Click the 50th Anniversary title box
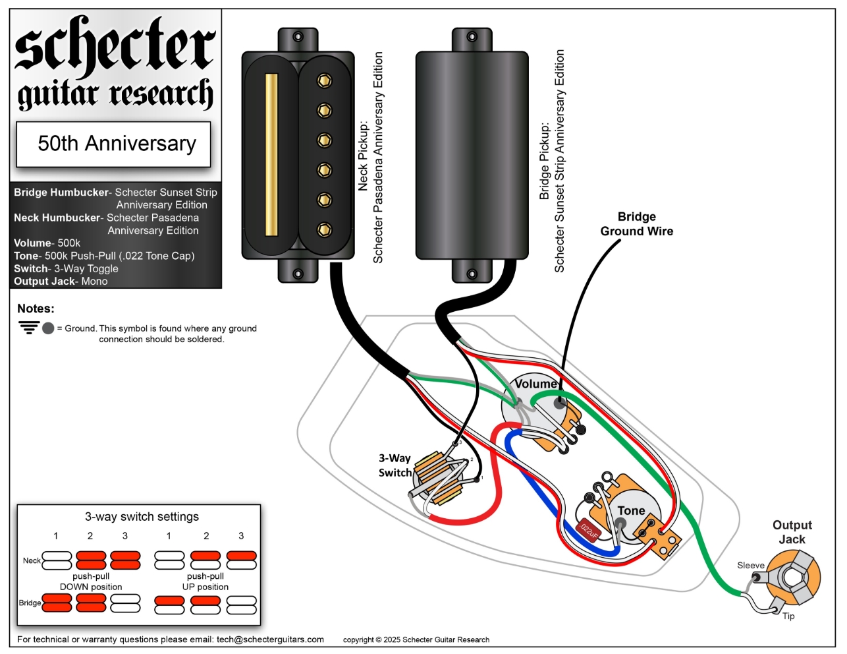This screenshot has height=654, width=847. (x=113, y=144)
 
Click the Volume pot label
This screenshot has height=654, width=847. (x=536, y=384)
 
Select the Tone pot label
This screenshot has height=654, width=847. (x=631, y=510)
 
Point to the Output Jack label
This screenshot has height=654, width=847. (x=792, y=532)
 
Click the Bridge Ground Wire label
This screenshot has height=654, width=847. (x=636, y=224)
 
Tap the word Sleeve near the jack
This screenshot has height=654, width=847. (x=750, y=566)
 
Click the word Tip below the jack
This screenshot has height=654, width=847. (x=788, y=616)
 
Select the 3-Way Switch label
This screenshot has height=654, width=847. (x=395, y=465)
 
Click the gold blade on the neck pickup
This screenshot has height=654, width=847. (x=271, y=154)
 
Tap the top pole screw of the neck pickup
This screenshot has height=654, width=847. (x=324, y=80)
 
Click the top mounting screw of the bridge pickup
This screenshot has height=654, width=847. (x=472, y=37)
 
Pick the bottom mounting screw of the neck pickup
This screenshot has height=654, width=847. (x=298, y=273)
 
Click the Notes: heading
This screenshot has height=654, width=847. (x=36, y=309)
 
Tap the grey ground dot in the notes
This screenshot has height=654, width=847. (x=48, y=328)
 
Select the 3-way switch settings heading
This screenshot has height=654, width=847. (x=142, y=517)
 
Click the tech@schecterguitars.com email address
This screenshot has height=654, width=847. (x=270, y=639)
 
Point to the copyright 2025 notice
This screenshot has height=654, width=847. (x=416, y=639)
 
